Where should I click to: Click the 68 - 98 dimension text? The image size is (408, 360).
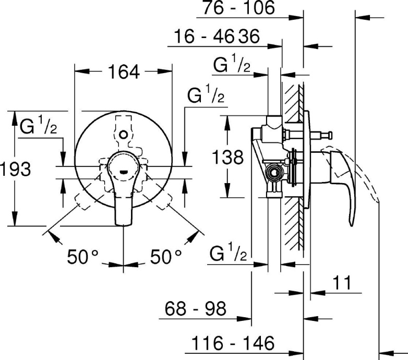coord(196,309)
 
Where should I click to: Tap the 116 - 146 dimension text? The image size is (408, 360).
coord(232,343)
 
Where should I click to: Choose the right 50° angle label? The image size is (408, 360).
coord(166,256)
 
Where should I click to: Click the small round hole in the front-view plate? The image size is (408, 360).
coord(123,135)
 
